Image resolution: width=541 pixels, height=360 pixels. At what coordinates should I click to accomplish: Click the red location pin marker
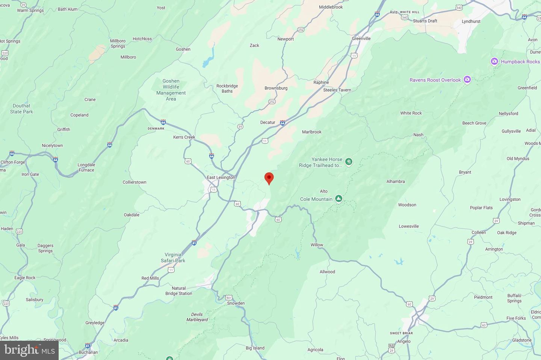pyautogui.click(x=269, y=178)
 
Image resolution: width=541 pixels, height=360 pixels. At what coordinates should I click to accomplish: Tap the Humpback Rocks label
pyautogui.click(x=520, y=62)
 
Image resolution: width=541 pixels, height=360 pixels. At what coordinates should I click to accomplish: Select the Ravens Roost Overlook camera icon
pyautogui.click(x=467, y=79)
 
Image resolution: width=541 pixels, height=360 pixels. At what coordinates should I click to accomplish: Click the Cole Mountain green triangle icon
pyautogui.click(x=339, y=199)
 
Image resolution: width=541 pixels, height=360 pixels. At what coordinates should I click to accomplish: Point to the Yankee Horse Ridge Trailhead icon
pyautogui.click(x=349, y=162)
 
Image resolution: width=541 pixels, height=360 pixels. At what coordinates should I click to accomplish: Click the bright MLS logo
pyautogui.click(x=29, y=350)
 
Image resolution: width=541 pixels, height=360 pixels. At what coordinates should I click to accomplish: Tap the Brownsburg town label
pyautogui.click(x=276, y=88)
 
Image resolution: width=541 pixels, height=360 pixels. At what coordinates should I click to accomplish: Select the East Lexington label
pyautogui.click(x=221, y=178)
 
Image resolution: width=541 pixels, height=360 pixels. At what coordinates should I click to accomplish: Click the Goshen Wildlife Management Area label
pyautogui.click(x=171, y=90)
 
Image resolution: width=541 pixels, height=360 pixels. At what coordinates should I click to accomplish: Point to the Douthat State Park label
pyautogui.click(x=21, y=109)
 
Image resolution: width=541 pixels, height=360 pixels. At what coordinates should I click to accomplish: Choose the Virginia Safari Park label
pyautogui.click(x=173, y=258)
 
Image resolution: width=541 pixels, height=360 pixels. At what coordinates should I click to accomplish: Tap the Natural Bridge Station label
pyautogui.click(x=179, y=291)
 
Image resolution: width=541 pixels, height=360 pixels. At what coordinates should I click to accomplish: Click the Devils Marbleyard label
pyautogui.click(x=197, y=317)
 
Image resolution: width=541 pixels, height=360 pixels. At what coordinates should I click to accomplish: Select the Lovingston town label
pyautogui.click(x=510, y=199)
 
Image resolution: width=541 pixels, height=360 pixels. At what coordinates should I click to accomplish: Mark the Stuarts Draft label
pyautogui.click(x=425, y=21)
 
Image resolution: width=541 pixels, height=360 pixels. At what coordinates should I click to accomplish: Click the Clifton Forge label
pyautogui.click(x=13, y=162)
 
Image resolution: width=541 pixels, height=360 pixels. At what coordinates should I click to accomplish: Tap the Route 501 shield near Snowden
pyautogui.click(x=229, y=298)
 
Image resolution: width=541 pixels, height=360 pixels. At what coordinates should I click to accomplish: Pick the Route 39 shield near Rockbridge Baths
pyautogui.click(x=240, y=127)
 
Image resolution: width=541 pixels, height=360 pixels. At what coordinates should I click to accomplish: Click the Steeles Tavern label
pyautogui.click(x=337, y=90)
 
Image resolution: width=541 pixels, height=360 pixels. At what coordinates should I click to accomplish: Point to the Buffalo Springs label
pyautogui.click(x=514, y=298)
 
